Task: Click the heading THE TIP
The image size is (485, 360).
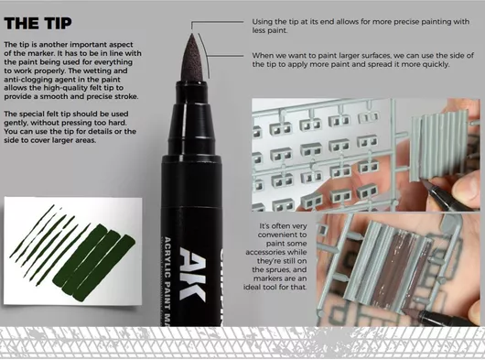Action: pos(38,23)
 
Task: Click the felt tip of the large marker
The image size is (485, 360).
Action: pos(192,58)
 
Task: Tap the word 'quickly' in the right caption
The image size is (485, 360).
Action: pos(436,64)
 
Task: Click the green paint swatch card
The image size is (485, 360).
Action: pos(72,251)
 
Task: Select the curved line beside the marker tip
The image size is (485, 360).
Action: pos(205,55)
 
